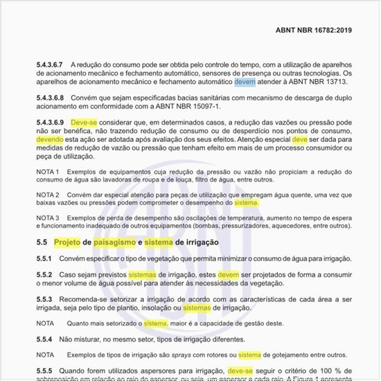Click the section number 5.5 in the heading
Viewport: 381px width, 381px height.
coord(42,242)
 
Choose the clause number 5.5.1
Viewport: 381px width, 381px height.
coord(44,258)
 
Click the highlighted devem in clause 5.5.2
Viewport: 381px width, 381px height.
coord(228,275)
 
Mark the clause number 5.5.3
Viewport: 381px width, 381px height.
coord(44,298)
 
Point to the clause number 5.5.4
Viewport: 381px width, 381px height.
coord(44,339)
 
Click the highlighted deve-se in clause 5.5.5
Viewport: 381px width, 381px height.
coord(240,371)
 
